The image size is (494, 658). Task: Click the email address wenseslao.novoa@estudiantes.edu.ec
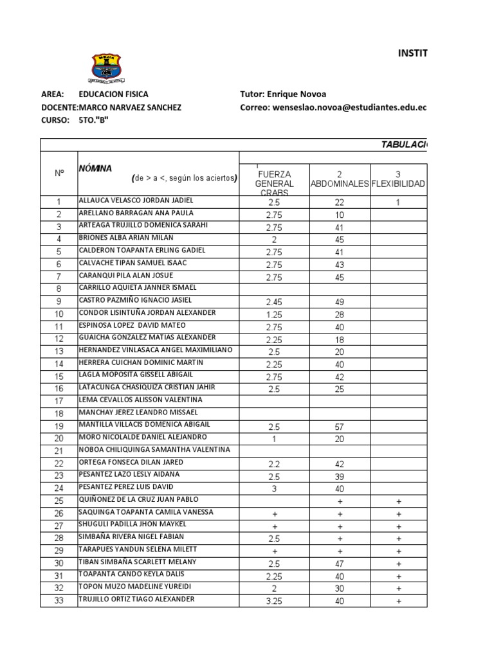point(351,107)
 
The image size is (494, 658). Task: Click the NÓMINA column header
point(95,168)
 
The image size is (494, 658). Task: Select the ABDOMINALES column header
point(339,183)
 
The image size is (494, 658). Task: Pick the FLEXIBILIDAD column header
point(398,184)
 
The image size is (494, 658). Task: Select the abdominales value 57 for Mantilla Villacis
point(339,427)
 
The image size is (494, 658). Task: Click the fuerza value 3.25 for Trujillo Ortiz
point(275,601)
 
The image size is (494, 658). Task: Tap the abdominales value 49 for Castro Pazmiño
point(339,302)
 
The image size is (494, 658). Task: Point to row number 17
point(59,401)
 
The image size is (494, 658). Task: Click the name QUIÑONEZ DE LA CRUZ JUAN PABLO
point(138,499)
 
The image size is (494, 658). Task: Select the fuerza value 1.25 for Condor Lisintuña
point(275,314)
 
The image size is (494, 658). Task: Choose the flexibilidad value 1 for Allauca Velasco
point(398,202)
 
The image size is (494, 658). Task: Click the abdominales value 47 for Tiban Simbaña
point(339,564)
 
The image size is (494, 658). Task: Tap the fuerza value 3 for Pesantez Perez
point(275,489)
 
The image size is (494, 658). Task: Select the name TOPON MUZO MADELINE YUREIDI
point(131,587)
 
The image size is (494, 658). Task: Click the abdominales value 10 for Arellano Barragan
point(339,215)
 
